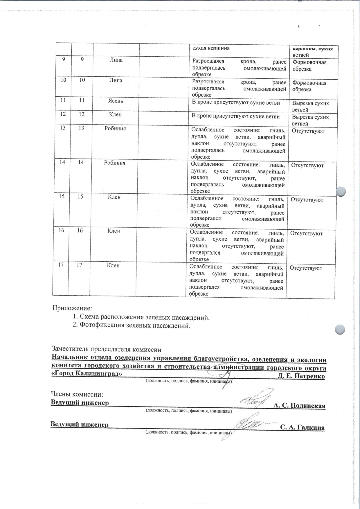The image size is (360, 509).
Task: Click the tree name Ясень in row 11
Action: (116, 101)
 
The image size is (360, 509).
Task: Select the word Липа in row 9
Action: (116, 60)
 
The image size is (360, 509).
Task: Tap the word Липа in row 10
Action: (116, 80)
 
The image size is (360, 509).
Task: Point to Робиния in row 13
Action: (115, 128)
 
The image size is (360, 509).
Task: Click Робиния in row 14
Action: (115, 163)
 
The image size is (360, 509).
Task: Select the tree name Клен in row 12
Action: (115, 115)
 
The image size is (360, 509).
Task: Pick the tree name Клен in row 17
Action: (113, 265)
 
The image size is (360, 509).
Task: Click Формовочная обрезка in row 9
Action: (309, 66)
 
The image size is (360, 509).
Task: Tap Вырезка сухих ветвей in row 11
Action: (310, 106)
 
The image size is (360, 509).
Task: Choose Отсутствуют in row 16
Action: (306, 233)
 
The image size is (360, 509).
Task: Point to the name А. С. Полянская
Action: (299, 406)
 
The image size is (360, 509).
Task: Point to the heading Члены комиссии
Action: (77, 395)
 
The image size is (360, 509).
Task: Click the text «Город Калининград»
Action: (87, 374)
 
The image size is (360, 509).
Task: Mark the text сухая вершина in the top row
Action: (211, 48)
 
